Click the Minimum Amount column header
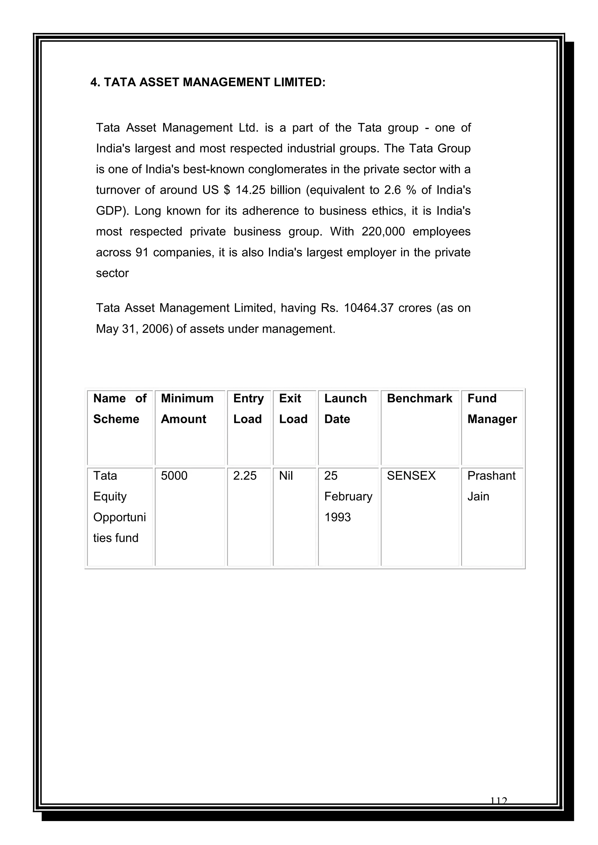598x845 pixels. tap(187, 409)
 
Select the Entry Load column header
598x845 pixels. tap(248, 409)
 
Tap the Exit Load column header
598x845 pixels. tap(293, 409)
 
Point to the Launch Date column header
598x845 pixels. tap(345, 409)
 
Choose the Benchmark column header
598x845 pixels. tap(419, 398)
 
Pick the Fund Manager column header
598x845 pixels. tap(492, 409)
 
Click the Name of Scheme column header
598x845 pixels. tap(120, 409)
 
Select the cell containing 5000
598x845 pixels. tap(174, 475)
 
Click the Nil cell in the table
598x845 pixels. tap(286, 475)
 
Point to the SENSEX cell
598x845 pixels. tap(411, 475)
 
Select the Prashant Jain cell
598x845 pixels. tap(491, 486)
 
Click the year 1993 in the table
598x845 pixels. tap(337, 517)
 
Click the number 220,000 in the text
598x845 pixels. tap(383, 231)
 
